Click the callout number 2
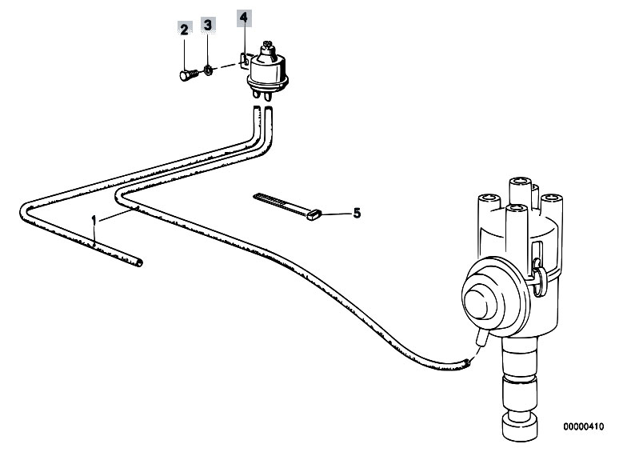coord(184,30)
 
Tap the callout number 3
coord(208,25)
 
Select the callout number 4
coord(244,18)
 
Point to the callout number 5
coord(357,213)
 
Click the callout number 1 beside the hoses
coord(94,220)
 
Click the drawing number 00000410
coord(584,426)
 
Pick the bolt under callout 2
coord(189,75)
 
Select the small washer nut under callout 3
coord(207,71)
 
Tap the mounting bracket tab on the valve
coord(245,60)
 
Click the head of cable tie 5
coord(314,214)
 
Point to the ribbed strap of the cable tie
coord(281,203)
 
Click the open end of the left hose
coord(139,263)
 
